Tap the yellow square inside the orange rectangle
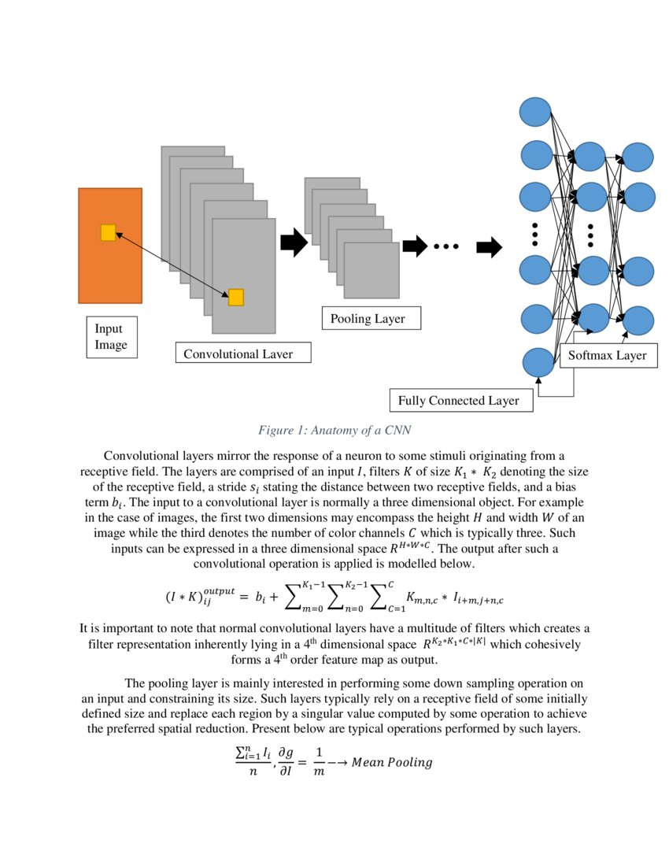108,232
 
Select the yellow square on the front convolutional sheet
235,297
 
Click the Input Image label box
111,337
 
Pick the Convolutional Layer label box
242,353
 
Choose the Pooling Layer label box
371,319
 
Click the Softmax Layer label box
607,355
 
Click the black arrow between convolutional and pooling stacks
293,243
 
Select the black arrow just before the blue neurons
489,247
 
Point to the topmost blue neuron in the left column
536,111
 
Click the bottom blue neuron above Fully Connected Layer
538,362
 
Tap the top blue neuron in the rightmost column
637,156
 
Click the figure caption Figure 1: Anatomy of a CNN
334,430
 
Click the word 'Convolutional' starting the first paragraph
139,456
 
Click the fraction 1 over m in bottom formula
319,763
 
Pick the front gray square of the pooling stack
371,270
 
